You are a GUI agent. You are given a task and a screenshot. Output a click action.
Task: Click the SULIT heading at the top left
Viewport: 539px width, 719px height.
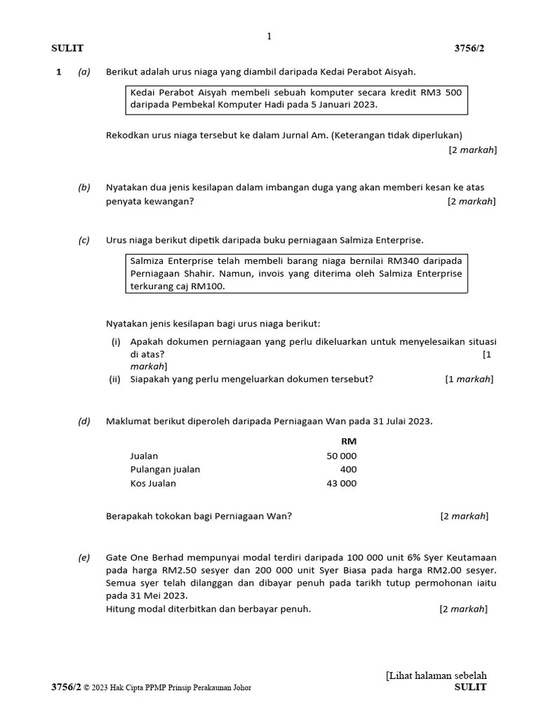click(x=67, y=48)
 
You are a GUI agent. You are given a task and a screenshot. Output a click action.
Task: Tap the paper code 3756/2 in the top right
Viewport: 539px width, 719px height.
click(x=470, y=48)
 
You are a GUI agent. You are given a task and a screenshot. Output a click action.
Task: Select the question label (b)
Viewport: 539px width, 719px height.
click(x=84, y=187)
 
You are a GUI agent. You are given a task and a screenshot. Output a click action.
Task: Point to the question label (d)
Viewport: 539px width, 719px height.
click(x=84, y=421)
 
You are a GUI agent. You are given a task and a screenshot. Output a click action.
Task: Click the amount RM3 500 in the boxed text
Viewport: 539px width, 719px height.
click(x=439, y=93)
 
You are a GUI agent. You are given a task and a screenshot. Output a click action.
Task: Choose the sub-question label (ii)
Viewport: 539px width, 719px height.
click(x=115, y=379)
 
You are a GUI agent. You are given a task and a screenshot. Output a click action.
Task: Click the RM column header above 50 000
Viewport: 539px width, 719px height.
click(x=348, y=441)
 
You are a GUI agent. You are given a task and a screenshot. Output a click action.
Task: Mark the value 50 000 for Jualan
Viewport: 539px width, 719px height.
click(x=342, y=456)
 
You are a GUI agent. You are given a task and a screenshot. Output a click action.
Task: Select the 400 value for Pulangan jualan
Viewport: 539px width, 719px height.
click(x=348, y=469)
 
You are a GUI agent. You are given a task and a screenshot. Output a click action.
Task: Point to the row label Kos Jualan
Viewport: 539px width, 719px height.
click(x=153, y=483)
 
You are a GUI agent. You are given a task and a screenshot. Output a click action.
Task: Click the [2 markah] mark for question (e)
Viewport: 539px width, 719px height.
click(x=463, y=609)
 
